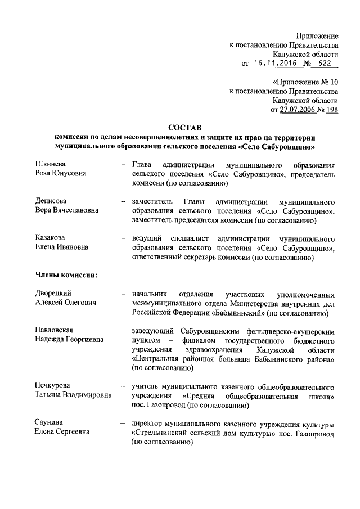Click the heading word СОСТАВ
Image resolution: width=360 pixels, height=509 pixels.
click(x=184, y=127)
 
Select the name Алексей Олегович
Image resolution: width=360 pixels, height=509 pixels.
click(x=66, y=303)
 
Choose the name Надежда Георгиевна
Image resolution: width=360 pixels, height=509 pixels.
click(x=69, y=339)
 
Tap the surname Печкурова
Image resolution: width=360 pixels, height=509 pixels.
click(x=55, y=386)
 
